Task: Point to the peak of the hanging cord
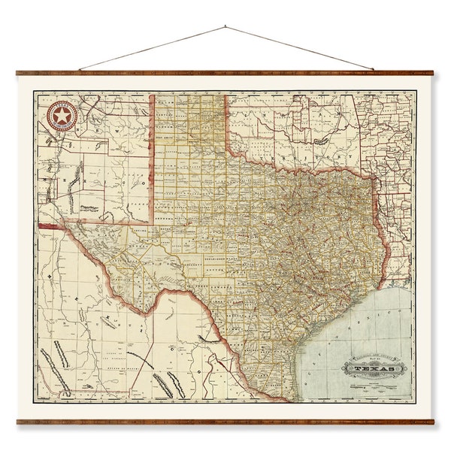[225, 27]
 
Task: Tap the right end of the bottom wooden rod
[433, 422]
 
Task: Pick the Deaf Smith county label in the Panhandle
[165, 138]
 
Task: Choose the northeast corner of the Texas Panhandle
[226, 95]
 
